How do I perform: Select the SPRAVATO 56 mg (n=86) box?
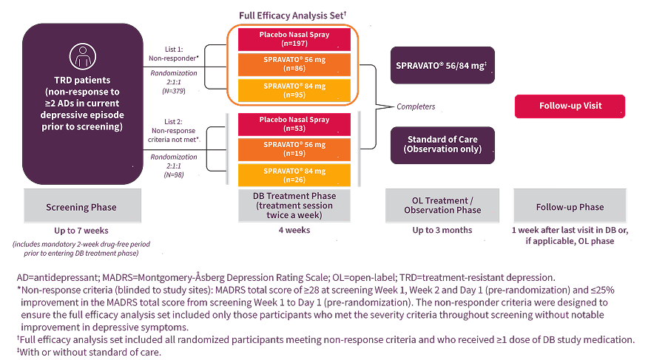pyautogui.click(x=294, y=64)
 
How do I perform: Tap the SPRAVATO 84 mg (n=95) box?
pyautogui.click(x=294, y=90)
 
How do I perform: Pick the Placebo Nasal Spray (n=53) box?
pyautogui.click(x=294, y=124)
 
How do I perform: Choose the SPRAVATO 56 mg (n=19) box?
pyautogui.click(x=294, y=149)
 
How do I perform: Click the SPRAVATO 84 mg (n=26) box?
pyautogui.click(x=294, y=174)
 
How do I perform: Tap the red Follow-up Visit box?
pyautogui.click(x=570, y=106)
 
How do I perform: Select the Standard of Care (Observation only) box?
pyautogui.click(x=442, y=144)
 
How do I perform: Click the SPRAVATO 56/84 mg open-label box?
pyautogui.click(x=442, y=65)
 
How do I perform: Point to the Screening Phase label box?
pyautogui.click(x=81, y=206)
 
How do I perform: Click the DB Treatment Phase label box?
pyautogui.click(x=294, y=206)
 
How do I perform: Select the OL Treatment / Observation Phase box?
pyautogui.click(x=442, y=206)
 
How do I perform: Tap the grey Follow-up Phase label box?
pyautogui.click(x=570, y=206)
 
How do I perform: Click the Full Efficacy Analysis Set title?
pyautogui.click(x=294, y=16)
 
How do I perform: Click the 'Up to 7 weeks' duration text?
pyautogui.click(x=81, y=231)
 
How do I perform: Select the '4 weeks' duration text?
pyautogui.click(x=294, y=231)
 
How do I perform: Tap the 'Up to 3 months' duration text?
pyautogui.click(x=442, y=231)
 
